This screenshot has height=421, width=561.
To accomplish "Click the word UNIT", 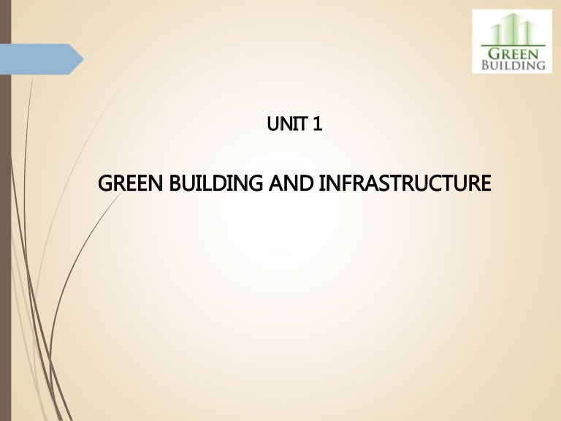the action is tap(287, 124).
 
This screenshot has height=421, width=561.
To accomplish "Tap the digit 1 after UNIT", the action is tap(317, 124).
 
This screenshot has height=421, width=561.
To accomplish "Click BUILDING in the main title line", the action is tap(215, 183).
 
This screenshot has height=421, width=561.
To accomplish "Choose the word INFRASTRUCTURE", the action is tap(405, 183).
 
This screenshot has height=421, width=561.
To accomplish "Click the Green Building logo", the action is tap(512, 41).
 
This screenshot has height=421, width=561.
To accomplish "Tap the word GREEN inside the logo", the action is tap(514, 53).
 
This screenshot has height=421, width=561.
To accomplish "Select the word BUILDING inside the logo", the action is tap(514, 65).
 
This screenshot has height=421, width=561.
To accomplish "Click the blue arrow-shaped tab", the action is tap(41, 59).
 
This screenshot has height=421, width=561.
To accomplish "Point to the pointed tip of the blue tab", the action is tap(84, 59).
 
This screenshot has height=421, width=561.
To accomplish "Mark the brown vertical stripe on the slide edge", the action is tap(5, 210).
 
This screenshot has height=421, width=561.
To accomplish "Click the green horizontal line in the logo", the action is tap(513, 46).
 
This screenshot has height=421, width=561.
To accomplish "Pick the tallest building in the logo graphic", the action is tap(514, 29).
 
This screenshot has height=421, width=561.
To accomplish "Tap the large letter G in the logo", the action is tap(495, 53).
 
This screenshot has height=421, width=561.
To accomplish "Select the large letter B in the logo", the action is tap(486, 65).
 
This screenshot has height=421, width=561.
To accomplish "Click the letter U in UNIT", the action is tap(272, 124).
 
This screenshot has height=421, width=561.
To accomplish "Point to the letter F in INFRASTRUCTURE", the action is tap(343, 183).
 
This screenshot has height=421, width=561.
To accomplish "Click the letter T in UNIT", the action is tap(302, 124).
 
